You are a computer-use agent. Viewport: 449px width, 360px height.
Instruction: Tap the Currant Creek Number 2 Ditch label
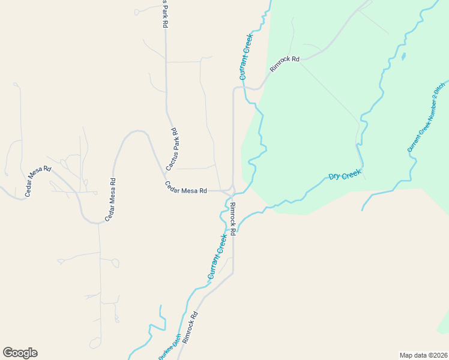(426, 117)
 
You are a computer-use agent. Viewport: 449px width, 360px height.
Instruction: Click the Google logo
(20, 353)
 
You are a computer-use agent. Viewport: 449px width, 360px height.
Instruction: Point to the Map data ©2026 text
(424, 355)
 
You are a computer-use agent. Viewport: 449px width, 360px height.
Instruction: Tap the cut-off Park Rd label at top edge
(164, 14)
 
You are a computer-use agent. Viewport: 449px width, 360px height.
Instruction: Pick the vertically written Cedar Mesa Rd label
(110, 200)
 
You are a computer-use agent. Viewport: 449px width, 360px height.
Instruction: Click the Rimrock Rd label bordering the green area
(285, 64)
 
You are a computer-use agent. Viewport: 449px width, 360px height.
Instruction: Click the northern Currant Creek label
(247, 57)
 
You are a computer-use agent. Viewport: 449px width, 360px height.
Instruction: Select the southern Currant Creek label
(217, 257)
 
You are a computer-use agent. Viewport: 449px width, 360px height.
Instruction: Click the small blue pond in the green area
(403, 57)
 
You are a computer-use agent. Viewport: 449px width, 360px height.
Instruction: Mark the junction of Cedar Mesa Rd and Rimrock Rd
(230, 192)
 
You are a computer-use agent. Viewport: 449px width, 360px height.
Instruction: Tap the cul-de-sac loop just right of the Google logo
(95, 343)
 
